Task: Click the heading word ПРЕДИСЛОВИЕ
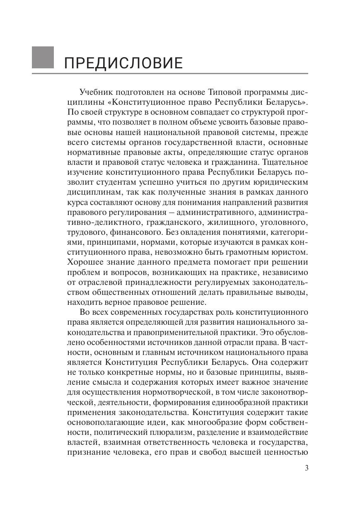pos(123,63)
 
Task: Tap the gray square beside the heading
pos(43,57)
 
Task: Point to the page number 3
pos(307,468)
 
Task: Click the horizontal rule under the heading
pos(170,74)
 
